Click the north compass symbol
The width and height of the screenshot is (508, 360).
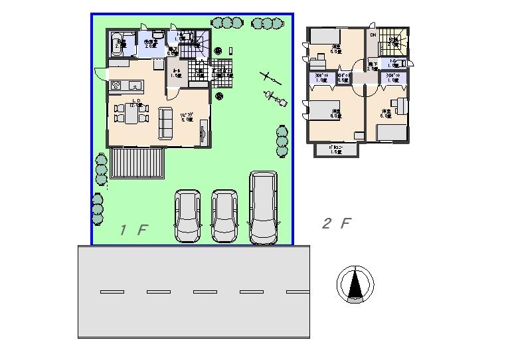(x=356, y=285)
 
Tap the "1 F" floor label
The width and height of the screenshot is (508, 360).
(x=133, y=230)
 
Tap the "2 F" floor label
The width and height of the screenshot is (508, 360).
(x=335, y=223)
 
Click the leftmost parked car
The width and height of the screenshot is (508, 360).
(x=187, y=216)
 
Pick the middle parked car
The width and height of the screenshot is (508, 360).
(x=224, y=216)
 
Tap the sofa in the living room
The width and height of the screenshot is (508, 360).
(x=165, y=123)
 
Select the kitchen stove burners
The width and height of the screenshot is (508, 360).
(x=114, y=85)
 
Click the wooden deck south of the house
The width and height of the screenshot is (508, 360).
(x=137, y=163)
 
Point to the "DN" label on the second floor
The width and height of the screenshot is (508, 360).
(x=373, y=35)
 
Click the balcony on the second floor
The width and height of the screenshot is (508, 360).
(x=336, y=150)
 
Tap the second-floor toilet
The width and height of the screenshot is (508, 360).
(x=405, y=64)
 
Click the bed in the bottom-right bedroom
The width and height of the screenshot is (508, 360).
(x=391, y=132)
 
